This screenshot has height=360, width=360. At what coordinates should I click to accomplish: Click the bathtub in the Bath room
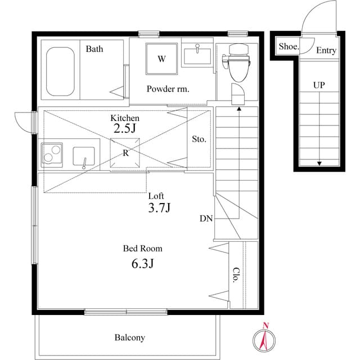(60, 71)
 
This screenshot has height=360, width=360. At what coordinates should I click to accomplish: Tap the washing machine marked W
(161, 58)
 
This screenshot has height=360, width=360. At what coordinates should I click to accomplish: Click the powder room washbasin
(197, 56)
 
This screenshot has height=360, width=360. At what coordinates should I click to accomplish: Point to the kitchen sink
(84, 156)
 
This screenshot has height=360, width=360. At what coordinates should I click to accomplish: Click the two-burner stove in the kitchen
(52, 155)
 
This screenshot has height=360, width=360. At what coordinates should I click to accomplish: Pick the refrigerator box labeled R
(125, 152)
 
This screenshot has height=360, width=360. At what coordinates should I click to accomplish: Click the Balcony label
(130, 337)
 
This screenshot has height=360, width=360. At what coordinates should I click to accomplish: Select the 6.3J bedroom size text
(142, 263)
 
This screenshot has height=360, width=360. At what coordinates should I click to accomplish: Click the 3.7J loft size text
(159, 208)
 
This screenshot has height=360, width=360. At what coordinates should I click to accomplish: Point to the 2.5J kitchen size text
(125, 128)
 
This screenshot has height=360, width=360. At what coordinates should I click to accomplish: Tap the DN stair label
(206, 219)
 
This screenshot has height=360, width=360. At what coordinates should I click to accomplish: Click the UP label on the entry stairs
(319, 85)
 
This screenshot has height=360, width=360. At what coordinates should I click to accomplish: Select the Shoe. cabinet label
(289, 47)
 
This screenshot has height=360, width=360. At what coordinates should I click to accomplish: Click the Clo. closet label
(236, 275)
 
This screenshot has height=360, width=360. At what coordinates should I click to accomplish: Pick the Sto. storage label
(199, 139)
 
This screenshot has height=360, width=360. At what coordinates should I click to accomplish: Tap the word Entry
(326, 50)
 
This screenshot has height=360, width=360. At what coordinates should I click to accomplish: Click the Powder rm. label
(168, 89)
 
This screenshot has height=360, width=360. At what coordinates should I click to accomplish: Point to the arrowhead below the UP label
(319, 164)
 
